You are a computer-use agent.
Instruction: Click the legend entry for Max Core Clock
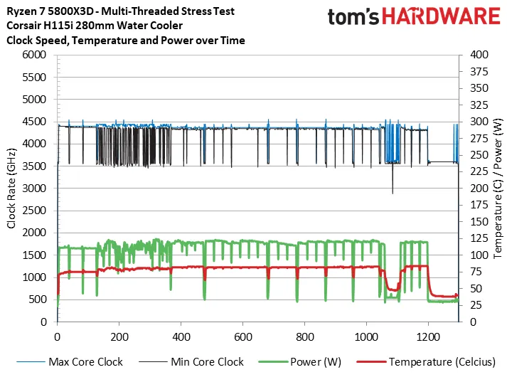(x=85, y=362)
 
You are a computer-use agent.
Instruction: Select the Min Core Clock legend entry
(x=207, y=362)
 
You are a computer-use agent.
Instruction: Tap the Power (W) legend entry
(x=316, y=362)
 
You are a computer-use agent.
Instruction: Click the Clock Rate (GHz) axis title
(x=12, y=188)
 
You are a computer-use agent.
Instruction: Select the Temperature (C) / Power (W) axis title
(x=497, y=188)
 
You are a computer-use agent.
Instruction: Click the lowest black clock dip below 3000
(x=393, y=192)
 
